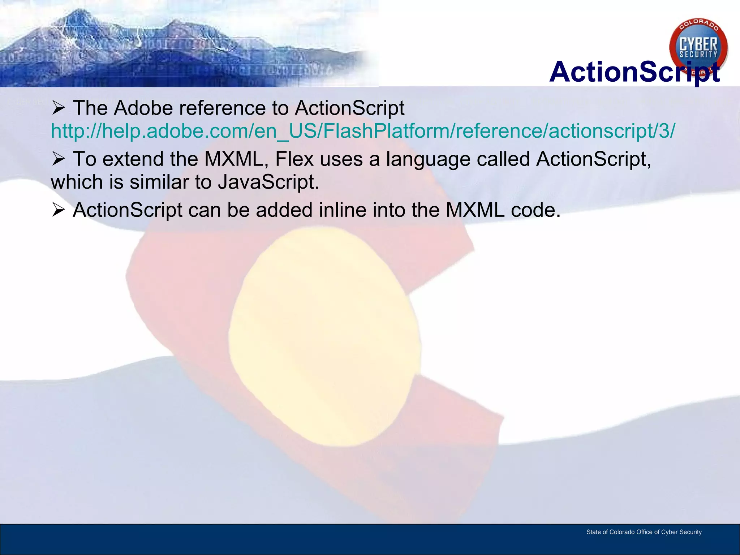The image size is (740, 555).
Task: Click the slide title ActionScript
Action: click(x=634, y=72)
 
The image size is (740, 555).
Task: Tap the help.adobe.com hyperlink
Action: click(x=362, y=131)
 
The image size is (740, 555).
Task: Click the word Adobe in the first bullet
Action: click(x=143, y=108)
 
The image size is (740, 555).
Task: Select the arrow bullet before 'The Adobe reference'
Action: click(x=58, y=108)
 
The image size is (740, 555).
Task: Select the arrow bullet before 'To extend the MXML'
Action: click(x=58, y=159)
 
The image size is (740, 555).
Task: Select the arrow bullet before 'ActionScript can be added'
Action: click(x=58, y=210)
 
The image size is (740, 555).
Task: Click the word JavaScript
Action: click(x=268, y=182)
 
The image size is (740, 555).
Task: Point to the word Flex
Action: click(x=294, y=159)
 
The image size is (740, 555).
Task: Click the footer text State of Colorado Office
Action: click(x=644, y=532)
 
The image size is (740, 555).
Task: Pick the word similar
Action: click(x=159, y=182)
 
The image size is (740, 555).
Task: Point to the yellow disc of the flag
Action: click(x=324, y=336)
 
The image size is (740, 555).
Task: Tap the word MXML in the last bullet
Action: click(x=475, y=210)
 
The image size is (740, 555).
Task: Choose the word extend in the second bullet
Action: click(x=133, y=159)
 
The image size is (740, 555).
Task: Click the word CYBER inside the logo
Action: click(x=698, y=45)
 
